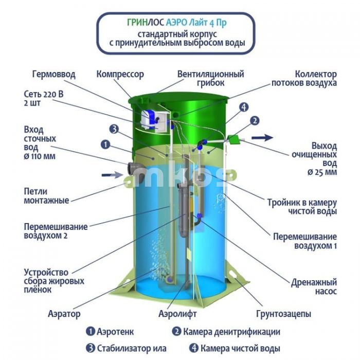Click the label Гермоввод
point(53,75)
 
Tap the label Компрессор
point(120,75)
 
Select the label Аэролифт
point(178,314)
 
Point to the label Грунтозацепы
point(283,314)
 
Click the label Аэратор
point(64,314)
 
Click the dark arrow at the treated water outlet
point(262,137)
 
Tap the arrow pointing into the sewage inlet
point(112,175)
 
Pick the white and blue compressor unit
point(150,120)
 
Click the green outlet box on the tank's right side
point(233,139)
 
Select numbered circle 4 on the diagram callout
point(244,107)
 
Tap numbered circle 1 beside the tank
point(105,145)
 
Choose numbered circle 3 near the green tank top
point(114,129)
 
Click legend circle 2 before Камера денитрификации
point(176,332)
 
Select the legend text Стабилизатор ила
point(132,348)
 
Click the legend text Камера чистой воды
point(240,348)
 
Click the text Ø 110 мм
point(40,156)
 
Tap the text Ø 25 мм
point(322,172)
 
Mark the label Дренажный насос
point(314,287)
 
